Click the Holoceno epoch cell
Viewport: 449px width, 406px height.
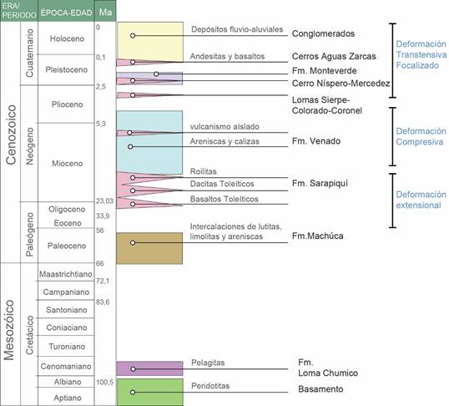point(66,38)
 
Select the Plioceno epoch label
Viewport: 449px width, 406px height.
point(68,104)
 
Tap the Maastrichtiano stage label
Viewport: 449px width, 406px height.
point(66,274)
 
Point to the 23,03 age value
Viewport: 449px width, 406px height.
point(104,201)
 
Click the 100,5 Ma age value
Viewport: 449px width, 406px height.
point(105,383)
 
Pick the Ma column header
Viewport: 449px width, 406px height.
point(105,12)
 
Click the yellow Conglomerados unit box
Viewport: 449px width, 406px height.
point(149,42)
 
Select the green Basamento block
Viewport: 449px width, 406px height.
point(149,392)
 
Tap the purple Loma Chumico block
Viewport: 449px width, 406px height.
point(149,368)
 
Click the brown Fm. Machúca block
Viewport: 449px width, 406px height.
point(149,248)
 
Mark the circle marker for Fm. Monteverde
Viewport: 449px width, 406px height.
point(156,74)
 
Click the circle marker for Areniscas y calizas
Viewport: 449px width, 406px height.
point(130,147)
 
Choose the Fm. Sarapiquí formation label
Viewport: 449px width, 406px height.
point(320,184)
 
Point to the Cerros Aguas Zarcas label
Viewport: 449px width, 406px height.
point(334,56)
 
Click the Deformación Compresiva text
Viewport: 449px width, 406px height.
point(421,136)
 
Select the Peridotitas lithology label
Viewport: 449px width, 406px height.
point(210,386)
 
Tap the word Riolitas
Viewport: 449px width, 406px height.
point(204,172)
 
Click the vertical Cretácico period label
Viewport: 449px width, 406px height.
point(29,335)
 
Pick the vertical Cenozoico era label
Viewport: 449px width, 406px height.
point(11,134)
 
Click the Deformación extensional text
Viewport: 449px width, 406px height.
point(421,200)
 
